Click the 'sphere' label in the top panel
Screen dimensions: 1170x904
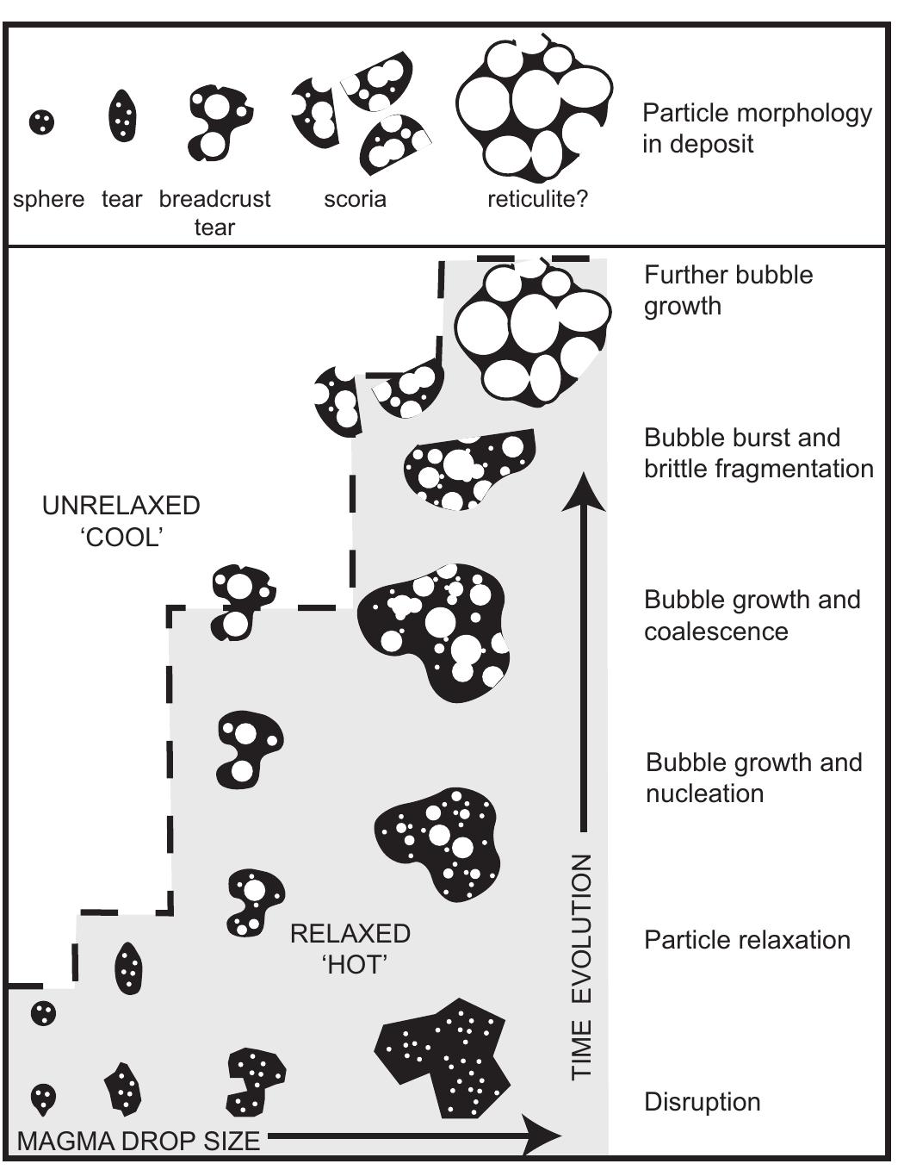point(48,200)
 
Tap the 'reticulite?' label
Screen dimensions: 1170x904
point(537,200)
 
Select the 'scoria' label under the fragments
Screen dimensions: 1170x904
point(355,200)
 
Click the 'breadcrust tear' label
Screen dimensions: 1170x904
point(214,213)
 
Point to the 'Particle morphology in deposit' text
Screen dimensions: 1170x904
point(756,128)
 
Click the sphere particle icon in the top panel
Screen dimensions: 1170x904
point(41,122)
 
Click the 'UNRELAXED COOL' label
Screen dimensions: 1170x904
point(121,521)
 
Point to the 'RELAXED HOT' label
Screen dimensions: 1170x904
point(350,949)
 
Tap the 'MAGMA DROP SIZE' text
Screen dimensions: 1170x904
point(139,1142)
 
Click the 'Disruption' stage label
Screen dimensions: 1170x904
point(702,1102)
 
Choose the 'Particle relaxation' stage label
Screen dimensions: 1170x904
point(746,939)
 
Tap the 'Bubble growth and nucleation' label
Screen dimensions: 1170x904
point(753,778)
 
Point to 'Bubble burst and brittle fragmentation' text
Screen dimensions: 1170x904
point(758,453)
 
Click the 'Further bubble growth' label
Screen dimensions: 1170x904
point(728,290)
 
